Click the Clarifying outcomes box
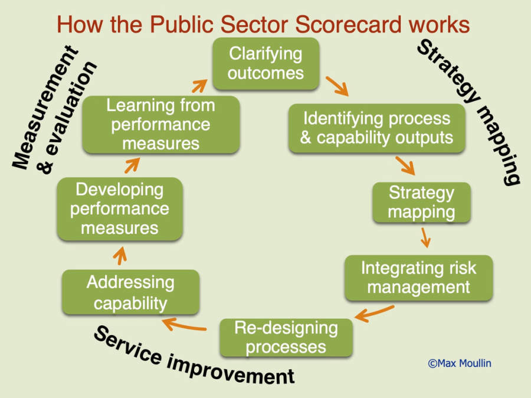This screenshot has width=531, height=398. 266,64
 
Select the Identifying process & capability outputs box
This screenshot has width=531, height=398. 376,128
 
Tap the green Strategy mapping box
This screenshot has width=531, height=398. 421,203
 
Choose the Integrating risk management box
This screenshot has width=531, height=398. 418,278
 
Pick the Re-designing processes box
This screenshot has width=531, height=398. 286,338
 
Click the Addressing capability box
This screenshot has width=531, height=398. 131,292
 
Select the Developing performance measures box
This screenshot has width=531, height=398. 120,209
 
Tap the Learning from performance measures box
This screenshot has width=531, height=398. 161,125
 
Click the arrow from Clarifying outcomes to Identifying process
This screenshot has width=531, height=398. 337,86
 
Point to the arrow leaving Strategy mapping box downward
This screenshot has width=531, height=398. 425,237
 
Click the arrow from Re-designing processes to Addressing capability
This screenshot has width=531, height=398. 185,324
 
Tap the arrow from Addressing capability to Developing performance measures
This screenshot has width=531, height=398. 120,256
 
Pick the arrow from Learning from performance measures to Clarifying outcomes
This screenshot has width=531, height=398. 199,86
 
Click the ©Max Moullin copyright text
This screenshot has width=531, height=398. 460,363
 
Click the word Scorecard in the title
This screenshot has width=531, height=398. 349,25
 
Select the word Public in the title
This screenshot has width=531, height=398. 182,25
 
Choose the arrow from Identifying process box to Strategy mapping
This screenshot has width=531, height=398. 405,165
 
